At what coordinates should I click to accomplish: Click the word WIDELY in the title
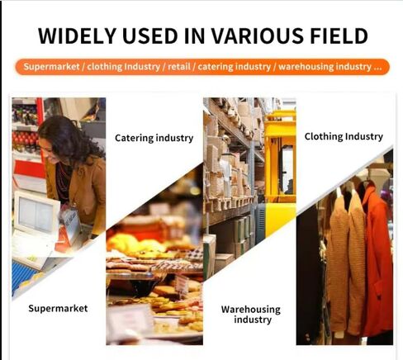tap(77, 36)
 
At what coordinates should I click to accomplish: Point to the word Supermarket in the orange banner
tap(51, 67)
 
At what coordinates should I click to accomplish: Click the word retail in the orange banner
tap(179, 67)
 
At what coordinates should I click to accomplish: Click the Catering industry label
tap(154, 138)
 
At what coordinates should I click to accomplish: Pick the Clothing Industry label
tap(344, 136)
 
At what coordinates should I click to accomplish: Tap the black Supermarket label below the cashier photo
tap(58, 309)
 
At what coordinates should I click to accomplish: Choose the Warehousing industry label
tap(251, 315)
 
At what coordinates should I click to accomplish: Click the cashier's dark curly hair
tap(72, 139)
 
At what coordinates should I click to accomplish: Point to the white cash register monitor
tap(36, 213)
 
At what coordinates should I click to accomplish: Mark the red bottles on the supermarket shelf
tap(25, 137)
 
